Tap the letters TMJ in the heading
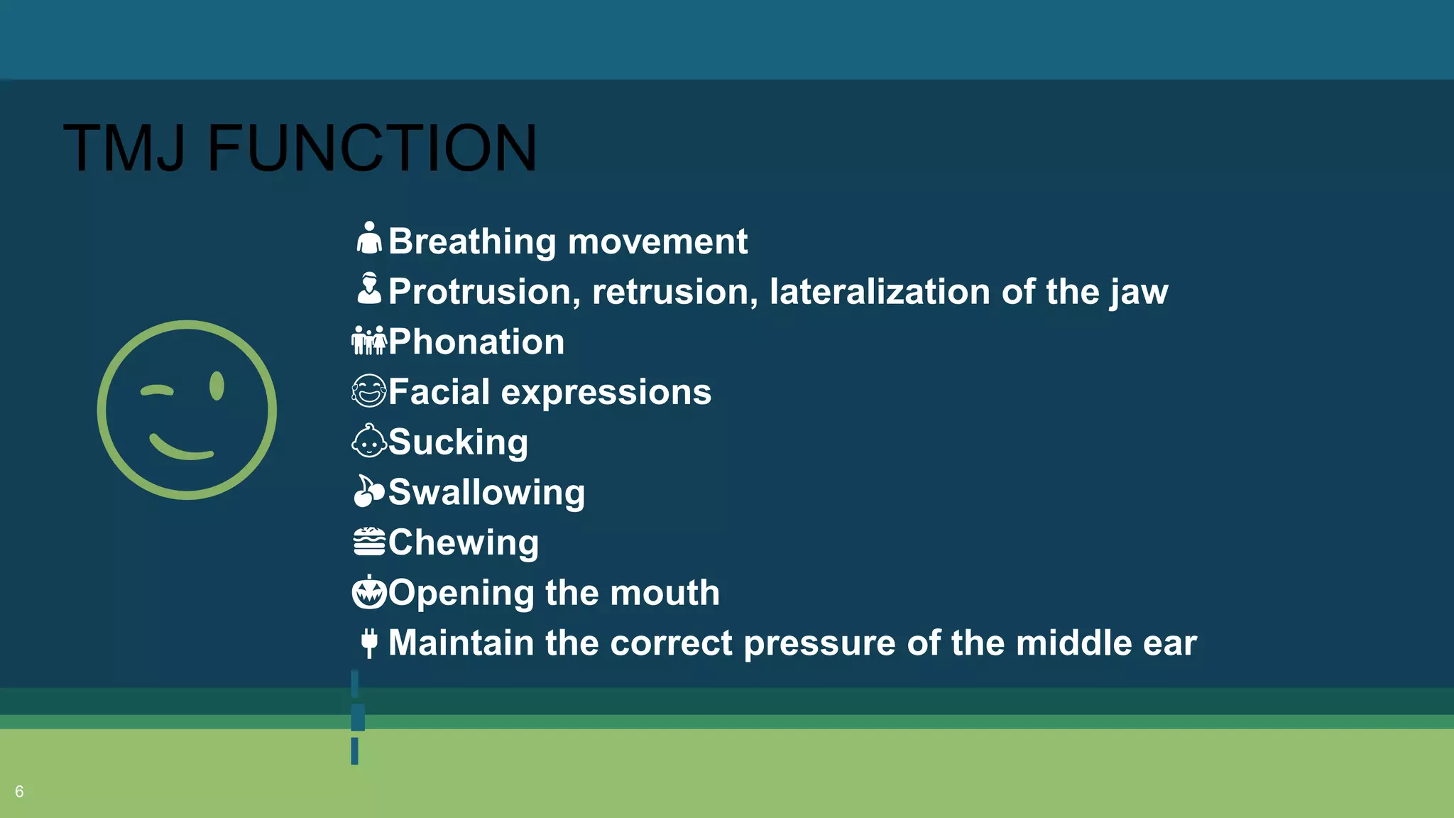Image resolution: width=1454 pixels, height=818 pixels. click(x=124, y=148)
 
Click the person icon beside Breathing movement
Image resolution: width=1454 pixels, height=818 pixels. click(x=369, y=239)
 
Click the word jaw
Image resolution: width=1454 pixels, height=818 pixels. click(x=1139, y=293)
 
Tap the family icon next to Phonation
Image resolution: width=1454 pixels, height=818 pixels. click(x=369, y=341)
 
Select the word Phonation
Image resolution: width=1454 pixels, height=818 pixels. click(x=476, y=342)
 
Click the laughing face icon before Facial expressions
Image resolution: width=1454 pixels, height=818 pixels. click(x=369, y=391)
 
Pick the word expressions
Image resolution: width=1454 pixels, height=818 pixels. click(x=606, y=393)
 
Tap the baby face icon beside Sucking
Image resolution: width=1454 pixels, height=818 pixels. click(x=369, y=441)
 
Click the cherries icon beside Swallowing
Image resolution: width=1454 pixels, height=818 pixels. click(x=368, y=491)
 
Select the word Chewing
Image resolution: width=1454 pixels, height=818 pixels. click(x=464, y=542)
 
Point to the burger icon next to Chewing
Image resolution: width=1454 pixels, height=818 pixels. click(x=369, y=542)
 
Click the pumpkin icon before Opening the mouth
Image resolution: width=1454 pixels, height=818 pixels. click(x=369, y=592)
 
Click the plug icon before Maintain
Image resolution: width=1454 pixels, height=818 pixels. click(x=369, y=643)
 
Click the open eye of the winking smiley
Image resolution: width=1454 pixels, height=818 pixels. click(x=217, y=386)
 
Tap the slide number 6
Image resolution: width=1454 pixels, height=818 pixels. click(x=19, y=792)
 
